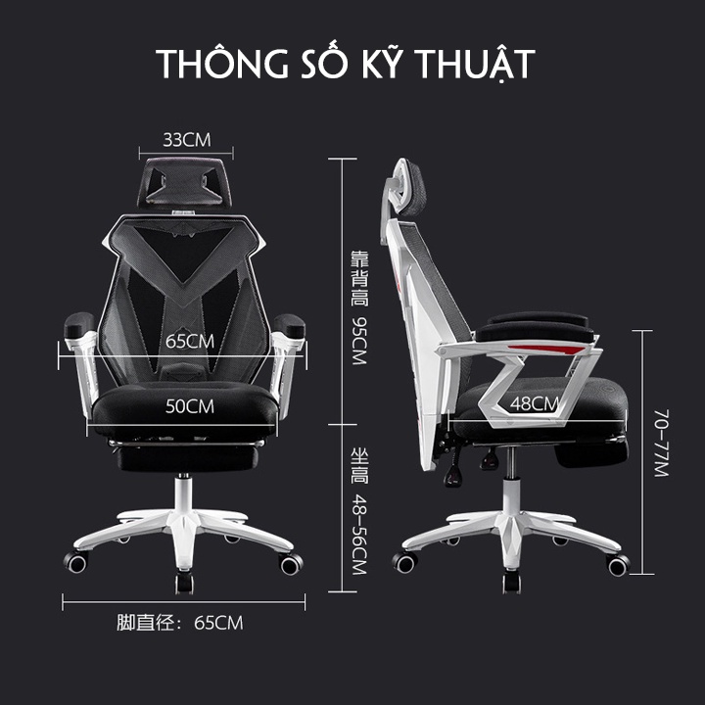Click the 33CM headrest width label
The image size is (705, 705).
[186, 138]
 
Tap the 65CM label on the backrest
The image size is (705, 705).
[189, 342]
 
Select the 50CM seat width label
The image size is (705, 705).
[189, 405]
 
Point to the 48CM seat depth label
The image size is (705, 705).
[534, 402]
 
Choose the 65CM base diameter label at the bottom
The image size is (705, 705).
[218, 622]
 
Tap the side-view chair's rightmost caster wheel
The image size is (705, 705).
[618, 565]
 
